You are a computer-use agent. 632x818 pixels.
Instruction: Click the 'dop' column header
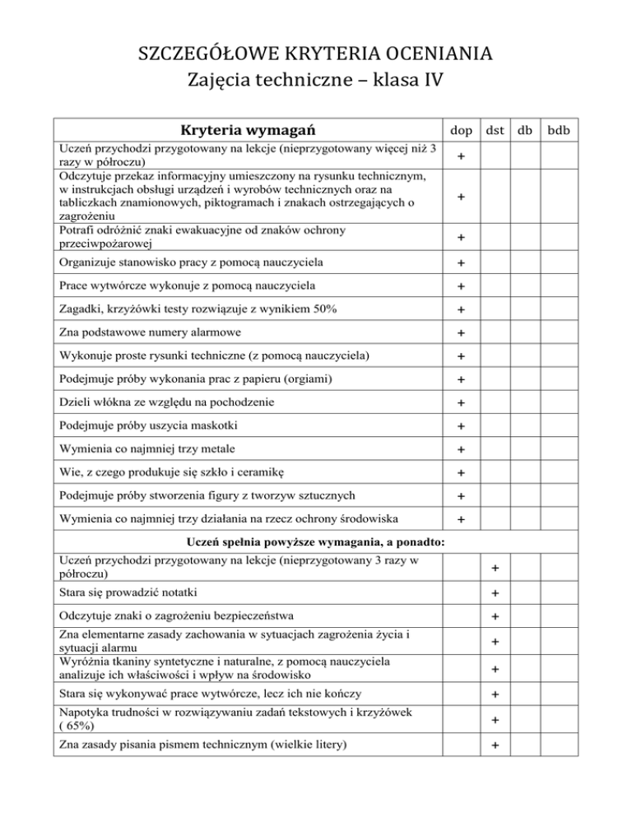pyautogui.click(x=461, y=130)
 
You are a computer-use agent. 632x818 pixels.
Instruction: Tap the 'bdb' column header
pyautogui.click(x=564, y=130)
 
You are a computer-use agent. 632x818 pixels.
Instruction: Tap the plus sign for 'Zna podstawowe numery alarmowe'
pyautogui.click(x=462, y=334)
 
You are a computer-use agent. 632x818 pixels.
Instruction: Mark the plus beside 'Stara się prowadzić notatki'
pyautogui.click(x=495, y=594)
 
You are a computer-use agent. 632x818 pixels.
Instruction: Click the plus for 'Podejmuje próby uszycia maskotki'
pyautogui.click(x=462, y=427)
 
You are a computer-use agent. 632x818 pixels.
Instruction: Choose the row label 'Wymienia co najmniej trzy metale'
pyautogui.click(x=155, y=449)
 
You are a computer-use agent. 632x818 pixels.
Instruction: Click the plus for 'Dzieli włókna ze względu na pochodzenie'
pyautogui.click(x=462, y=404)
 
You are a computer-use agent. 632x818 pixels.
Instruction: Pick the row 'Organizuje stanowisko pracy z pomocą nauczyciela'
pyautogui.click(x=188, y=263)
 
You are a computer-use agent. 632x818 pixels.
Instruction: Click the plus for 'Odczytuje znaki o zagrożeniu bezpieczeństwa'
pyautogui.click(x=495, y=617)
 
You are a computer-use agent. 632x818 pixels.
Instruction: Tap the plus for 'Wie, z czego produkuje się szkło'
pyautogui.click(x=462, y=473)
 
